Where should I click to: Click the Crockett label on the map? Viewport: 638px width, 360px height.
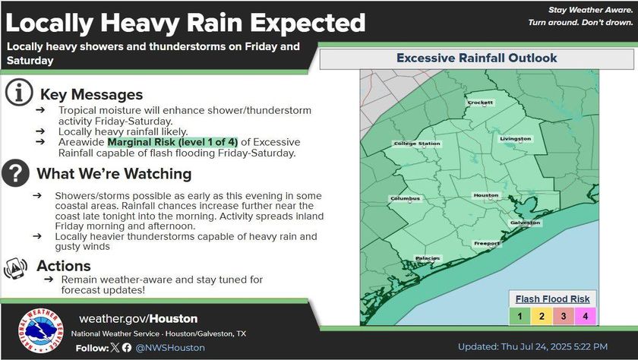[x=480, y=103]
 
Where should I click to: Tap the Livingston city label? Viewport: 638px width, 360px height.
[x=516, y=139]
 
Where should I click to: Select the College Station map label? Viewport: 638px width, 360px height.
[x=417, y=144]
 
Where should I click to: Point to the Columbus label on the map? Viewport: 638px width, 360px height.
[x=405, y=198]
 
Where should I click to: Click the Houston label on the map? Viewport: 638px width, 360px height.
[x=486, y=195]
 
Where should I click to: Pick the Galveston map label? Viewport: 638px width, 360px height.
[x=526, y=223]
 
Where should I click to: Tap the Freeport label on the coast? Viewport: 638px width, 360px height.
[x=487, y=244]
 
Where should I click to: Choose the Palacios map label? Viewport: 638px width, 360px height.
[x=428, y=258]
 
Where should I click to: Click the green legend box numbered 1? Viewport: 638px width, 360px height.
[x=520, y=316]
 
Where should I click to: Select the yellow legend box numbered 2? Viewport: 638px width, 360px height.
[x=542, y=316]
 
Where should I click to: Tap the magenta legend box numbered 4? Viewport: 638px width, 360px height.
[x=585, y=316]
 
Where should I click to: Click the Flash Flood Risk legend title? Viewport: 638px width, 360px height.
[x=553, y=299]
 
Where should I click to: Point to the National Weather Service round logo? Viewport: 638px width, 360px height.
[x=41, y=330]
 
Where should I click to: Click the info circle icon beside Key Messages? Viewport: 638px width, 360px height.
[x=19, y=93]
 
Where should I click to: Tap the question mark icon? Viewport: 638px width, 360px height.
[x=15, y=173]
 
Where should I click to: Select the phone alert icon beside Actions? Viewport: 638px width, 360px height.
[x=15, y=268]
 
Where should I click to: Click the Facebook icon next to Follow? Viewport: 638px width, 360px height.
[x=127, y=347]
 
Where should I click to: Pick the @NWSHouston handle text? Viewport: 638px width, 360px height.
[x=170, y=348]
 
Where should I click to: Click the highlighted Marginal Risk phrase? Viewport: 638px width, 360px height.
[x=172, y=142]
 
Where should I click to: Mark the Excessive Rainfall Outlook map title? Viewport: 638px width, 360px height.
[x=476, y=58]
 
